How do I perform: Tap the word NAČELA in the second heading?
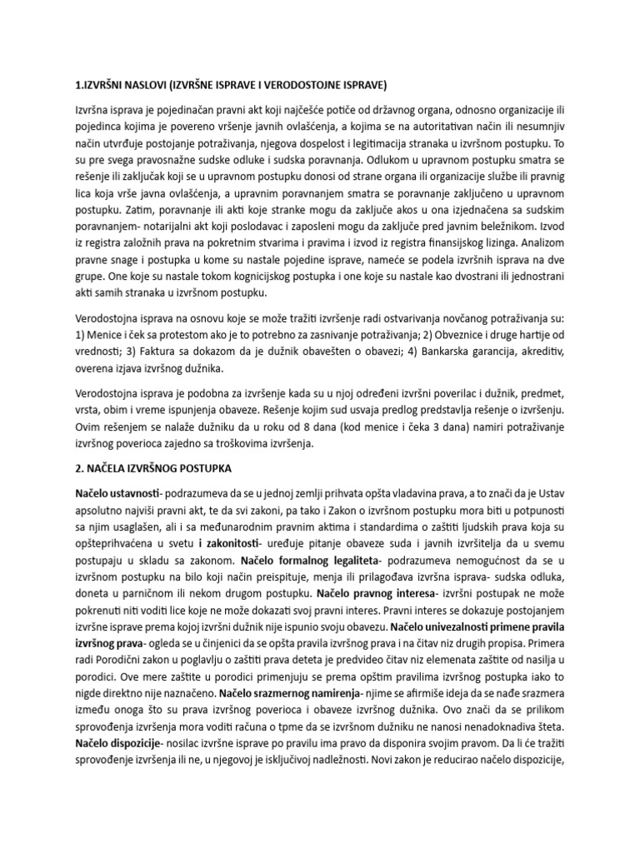(112, 469)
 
